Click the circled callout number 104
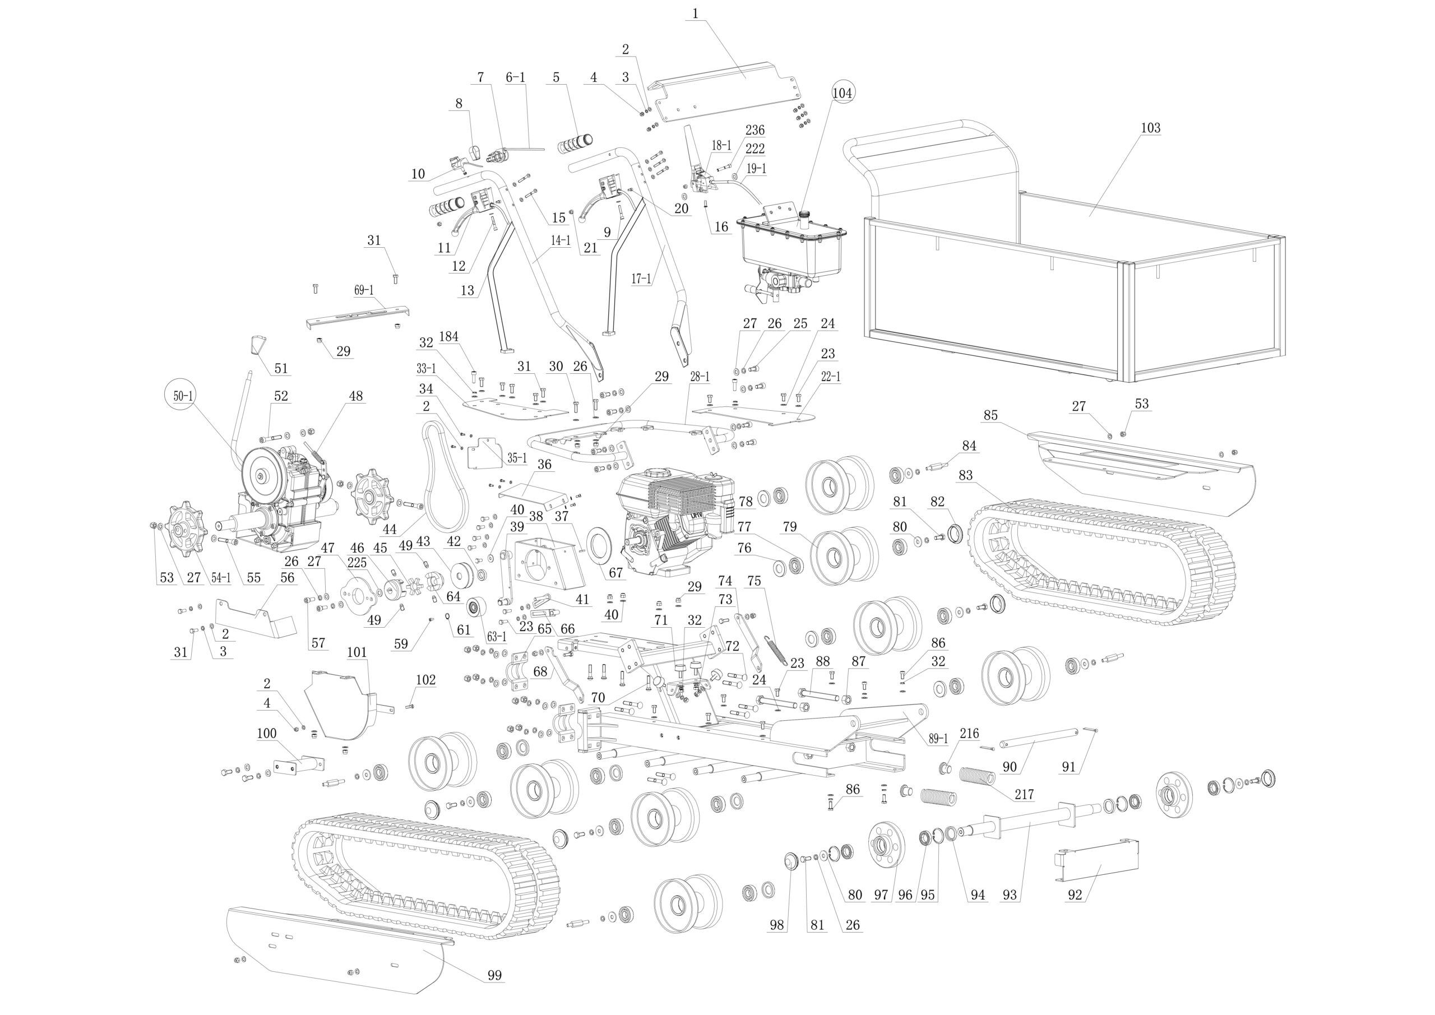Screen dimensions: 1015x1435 click(842, 93)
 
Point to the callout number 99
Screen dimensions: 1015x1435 click(494, 976)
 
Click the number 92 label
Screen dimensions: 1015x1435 click(1074, 896)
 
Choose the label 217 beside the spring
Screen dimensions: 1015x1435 click(1024, 795)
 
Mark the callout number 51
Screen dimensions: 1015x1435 click(281, 368)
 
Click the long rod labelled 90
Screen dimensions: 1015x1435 click(1038, 738)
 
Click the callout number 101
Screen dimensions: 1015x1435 click(357, 652)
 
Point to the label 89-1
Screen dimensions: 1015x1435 click(938, 738)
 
